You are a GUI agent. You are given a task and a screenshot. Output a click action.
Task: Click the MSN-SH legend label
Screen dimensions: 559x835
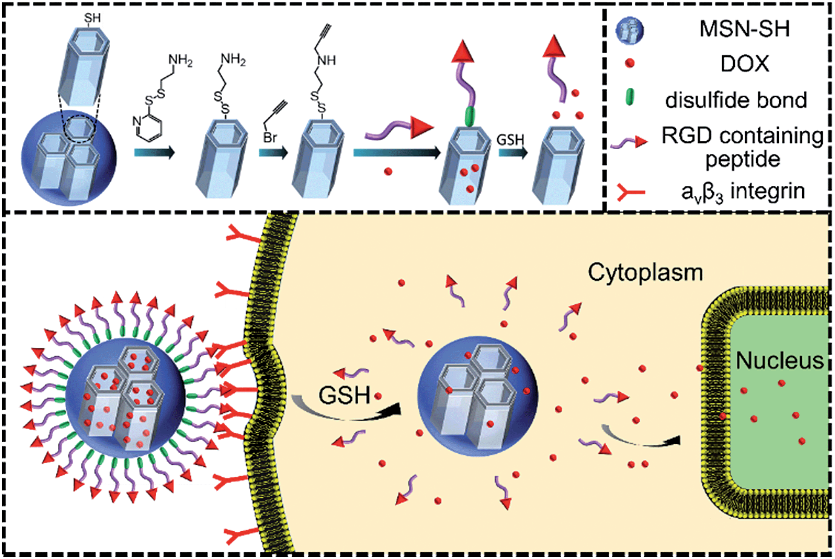[744, 29]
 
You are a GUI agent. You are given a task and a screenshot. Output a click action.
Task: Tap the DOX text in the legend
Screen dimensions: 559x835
[745, 64]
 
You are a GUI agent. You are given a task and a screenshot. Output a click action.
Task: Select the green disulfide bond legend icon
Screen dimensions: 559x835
[629, 97]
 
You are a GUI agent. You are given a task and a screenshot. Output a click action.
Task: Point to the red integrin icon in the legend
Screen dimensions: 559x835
[631, 193]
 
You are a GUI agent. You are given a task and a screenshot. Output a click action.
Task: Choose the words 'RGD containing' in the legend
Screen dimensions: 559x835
[742, 136]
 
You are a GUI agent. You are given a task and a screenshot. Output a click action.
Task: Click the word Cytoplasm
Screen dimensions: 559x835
[645, 272]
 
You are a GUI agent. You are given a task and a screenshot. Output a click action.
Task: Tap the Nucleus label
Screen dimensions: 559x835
[780, 360]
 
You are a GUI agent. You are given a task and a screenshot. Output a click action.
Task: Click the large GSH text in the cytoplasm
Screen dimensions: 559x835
[344, 395]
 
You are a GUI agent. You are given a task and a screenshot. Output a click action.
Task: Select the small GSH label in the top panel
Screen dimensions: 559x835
[510, 139]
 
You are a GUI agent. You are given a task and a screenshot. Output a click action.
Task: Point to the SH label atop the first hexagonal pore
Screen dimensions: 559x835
[92, 18]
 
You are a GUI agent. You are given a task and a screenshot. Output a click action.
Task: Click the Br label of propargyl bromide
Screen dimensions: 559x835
[270, 137]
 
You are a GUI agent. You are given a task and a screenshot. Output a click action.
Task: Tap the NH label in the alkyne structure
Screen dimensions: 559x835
[327, 61]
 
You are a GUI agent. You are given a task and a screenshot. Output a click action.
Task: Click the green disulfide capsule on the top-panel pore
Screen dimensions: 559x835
[469, 116]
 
